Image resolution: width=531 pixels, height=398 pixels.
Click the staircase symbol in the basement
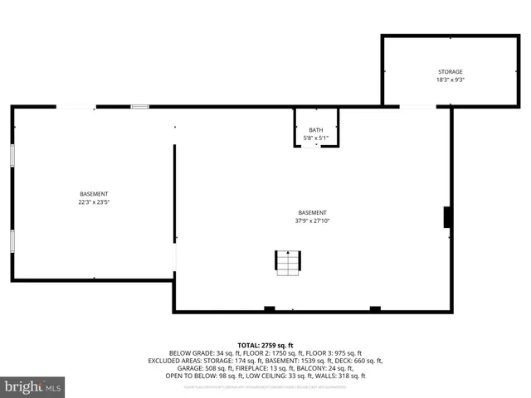pos(288,263)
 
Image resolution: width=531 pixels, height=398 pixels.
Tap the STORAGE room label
pos(450,72)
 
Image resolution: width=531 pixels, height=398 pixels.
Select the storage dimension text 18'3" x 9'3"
pos(450,80)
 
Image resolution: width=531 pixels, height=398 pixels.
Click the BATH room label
pos(316,130)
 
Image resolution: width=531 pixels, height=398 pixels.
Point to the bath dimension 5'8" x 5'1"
pos(316,138)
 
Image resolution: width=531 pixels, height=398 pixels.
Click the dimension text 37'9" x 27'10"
pos(312,221)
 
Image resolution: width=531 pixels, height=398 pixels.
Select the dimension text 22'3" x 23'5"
pos(94,201)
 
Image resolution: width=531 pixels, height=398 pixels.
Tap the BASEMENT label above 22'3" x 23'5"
pos(94,194)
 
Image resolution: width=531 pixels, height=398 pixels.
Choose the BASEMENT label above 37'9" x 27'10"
pos(312,212)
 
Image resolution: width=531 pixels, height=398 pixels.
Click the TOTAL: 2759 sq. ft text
pos(265,344)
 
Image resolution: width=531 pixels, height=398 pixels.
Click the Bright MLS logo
pos(33,386)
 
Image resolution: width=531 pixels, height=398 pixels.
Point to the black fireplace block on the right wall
pos(447,217)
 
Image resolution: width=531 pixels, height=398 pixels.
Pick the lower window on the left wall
pos(12,240)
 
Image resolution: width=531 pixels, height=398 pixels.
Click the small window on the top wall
pos(140,106)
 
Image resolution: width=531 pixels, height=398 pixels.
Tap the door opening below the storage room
pos(417,106)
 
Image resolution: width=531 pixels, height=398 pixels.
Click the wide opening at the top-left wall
pos(76,106)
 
